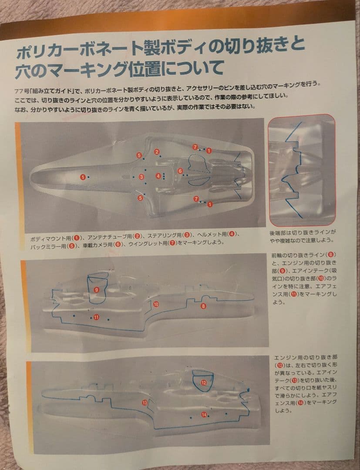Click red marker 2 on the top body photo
tap(156, 152)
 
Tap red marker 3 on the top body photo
tap(141, 177)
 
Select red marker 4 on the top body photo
tap(158, 176)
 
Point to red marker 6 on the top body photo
tap(180, 171)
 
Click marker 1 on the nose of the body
tap(82, 177)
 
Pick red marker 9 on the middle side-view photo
tap(96, 289)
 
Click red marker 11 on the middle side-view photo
tap(96, 317)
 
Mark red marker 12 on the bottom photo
tap(203, 383)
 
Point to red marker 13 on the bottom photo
tap(145, 403)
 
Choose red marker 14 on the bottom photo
tap(204, 415)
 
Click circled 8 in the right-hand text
tap(332, 254)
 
